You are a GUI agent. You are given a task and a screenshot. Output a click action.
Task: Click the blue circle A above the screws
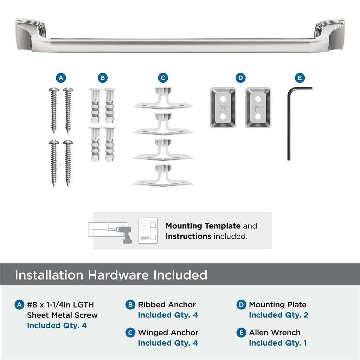tap(61, 78)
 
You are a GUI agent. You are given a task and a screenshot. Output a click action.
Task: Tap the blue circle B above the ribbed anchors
tap(102, 78)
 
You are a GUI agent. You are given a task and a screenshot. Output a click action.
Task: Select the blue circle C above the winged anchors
tap(163, 78)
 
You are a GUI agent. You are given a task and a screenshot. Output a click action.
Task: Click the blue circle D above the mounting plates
tap(240, 78)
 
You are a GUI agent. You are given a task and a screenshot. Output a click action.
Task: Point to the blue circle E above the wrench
tap(299, 78)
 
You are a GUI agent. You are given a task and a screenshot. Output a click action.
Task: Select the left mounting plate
tap(223, 108)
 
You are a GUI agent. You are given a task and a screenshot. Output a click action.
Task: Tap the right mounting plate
tap(258, 108)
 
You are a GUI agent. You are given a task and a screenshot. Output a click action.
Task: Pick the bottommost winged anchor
tap(163, 176)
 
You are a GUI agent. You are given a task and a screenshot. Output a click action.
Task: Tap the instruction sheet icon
tap(148, 230)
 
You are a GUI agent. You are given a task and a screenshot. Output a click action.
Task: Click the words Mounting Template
tap(203, 226)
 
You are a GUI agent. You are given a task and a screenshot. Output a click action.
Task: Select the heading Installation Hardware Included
tap(111, 275)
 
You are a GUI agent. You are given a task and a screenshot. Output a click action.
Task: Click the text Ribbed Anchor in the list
tap(167, 305)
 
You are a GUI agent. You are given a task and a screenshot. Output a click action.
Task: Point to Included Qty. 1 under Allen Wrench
tap(278, 343)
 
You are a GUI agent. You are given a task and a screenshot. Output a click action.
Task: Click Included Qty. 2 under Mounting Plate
tap(278, 315)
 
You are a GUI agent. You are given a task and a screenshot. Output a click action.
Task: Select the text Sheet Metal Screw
tap(62, 315)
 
